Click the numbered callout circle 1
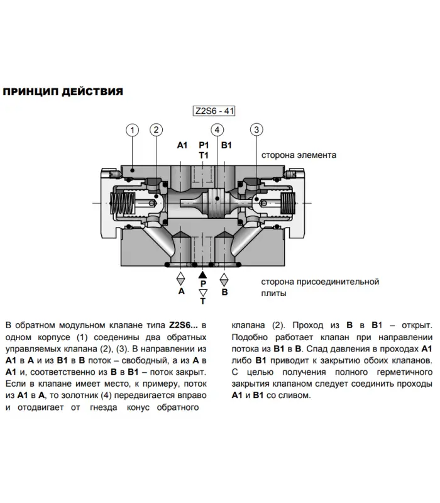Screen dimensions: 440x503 (132, 130)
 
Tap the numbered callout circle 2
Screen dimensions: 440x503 (156, 130)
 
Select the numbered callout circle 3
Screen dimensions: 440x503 (256, 130)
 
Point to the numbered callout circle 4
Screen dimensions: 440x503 (217, 130)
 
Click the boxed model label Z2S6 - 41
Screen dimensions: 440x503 (214, 111)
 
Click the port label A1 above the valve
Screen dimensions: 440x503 (182, 145)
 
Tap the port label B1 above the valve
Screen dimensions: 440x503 (226, 145)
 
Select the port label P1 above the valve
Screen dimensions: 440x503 (204, 145)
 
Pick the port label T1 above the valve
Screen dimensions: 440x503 (204, 155)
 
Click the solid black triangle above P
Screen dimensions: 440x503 (202, 275)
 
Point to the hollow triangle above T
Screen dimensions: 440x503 (203, 292)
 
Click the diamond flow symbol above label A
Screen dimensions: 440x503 (181, 279)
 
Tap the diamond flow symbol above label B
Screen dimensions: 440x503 (224, 279)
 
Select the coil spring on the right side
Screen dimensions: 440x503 (288, 203)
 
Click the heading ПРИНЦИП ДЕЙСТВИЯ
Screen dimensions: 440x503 (63, 92)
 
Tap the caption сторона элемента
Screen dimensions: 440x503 (299, 155)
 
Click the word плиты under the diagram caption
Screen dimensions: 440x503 (273, 294)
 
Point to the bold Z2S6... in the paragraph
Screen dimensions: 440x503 (184, 325)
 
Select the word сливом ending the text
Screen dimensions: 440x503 (296, 395)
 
